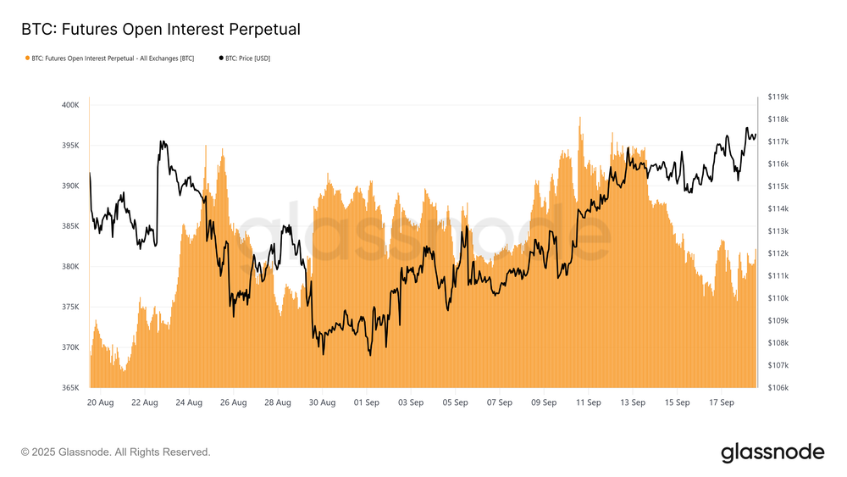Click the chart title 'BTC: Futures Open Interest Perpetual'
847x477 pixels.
[x=160, y=30]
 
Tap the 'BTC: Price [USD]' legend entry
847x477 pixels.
[x=247, y=58]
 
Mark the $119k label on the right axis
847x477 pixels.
[x=778, y=97]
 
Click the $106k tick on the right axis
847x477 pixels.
[x=778, y=388]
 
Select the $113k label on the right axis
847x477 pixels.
[x=778, y=231]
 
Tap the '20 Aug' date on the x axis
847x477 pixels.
[x=101, y=403]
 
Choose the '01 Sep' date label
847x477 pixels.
[x=366, y=403]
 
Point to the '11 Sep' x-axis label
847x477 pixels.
[x=588, y=403]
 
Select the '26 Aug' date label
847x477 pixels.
[x=233, y=403]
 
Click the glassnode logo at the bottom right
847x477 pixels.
[x=772, y=452]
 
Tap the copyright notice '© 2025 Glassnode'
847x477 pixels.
[x=115, y=452]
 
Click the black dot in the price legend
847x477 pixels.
[x=221, y=58]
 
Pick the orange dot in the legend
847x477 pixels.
[x=26, y=58]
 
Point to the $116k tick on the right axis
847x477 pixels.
[x=778, y=164]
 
